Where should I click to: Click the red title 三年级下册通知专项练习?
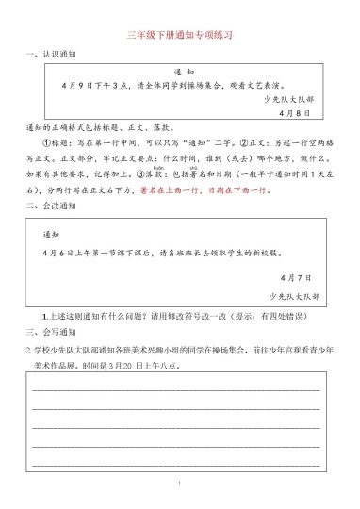pos(179,34)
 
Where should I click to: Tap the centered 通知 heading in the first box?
pos(185,73)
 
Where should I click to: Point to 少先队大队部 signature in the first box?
pos(294,98)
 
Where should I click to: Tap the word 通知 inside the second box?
pos(51,233)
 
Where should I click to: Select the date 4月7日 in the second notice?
pos(296,278)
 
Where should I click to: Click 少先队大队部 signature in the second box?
pos(294,296)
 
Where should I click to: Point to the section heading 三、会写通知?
pos(50,332)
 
